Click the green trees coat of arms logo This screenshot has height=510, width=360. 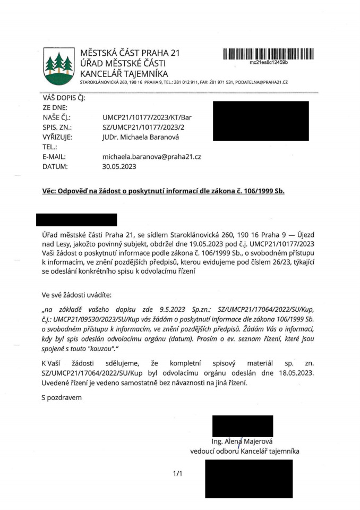coord(58,66)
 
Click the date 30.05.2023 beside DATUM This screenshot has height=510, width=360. coord(119,166)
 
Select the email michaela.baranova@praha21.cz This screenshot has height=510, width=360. coord(152,157)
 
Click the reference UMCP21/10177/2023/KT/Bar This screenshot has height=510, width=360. coord(147,118)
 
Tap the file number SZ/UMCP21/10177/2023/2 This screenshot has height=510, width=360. coord(143,127)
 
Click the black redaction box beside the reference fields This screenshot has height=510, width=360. coord(260,121)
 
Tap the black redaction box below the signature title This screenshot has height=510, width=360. coord(248,479)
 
